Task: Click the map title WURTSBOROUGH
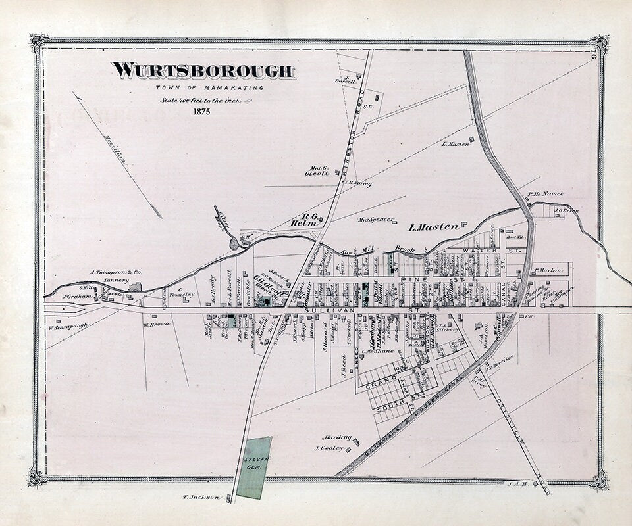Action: [203, 71]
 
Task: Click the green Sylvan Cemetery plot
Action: [253, 467]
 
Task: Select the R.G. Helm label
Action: [303, 220]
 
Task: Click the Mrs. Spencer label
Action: [376, 219]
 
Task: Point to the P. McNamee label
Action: [546, 194]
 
